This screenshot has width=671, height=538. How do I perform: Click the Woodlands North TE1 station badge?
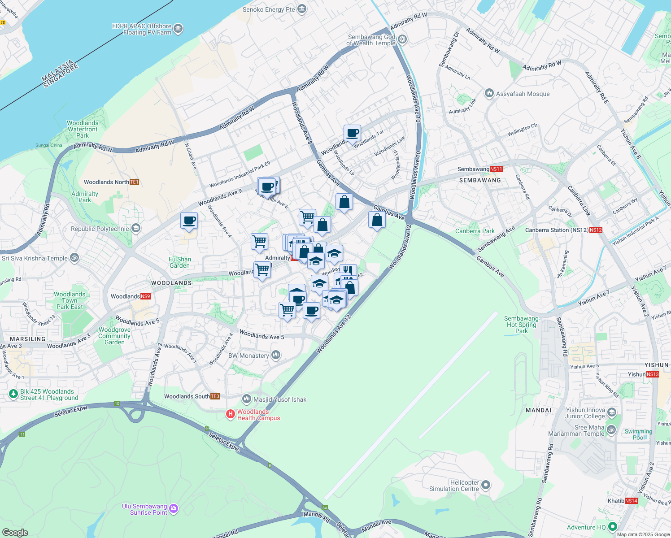click(134, 182)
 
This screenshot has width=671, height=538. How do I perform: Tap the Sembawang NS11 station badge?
click(496, 169)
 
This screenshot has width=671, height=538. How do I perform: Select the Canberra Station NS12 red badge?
click(596, 230)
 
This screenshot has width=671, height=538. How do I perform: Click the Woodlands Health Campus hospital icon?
click(231, 414)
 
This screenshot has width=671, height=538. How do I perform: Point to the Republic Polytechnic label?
click(100, 229)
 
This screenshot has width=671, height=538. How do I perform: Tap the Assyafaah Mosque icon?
click(489, 94)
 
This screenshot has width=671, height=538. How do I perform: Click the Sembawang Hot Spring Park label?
click(521, 325)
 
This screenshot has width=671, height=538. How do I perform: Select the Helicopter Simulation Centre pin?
click(486, 486)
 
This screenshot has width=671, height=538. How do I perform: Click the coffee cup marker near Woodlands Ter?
click(353, 134)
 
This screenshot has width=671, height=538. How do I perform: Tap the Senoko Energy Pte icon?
click(302, 9)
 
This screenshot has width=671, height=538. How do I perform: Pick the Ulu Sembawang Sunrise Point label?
click(144, 509)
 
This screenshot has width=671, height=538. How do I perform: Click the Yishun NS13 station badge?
click(653, 374)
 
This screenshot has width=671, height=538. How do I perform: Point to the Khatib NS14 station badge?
click(631, 501)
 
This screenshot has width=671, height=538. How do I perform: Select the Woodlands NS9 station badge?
click(145, 296)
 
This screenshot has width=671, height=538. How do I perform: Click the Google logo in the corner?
click(15, 532)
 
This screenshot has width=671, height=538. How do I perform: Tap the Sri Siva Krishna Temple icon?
click(75, 258)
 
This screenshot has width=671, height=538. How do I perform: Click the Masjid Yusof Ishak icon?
click(246, 399)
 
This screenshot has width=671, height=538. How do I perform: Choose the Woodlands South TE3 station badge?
click(215, 396)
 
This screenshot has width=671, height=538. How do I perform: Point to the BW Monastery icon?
click(276, 356)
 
